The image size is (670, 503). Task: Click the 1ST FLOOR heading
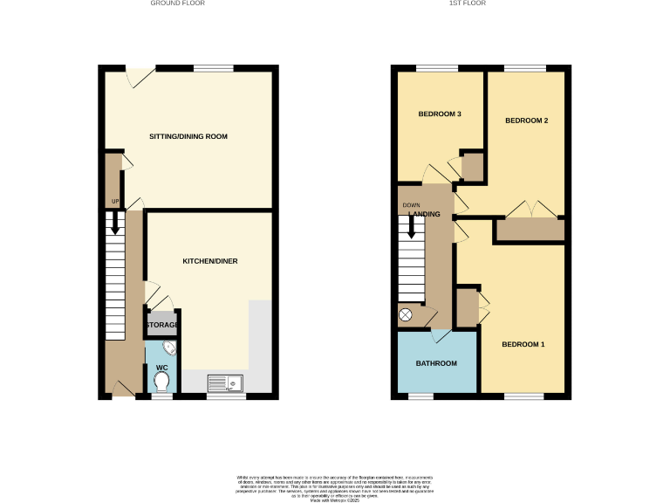click(467, 3)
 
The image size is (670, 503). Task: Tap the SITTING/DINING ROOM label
click(188, 137)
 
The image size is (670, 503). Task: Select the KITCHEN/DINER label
click(209, 261)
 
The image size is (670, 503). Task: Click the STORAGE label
click(162, 326)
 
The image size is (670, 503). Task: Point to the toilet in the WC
click(161, 382)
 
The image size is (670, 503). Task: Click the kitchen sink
click(226, 382)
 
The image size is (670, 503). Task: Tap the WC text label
click(161, 368)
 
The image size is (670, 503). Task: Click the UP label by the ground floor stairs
click(114, 202)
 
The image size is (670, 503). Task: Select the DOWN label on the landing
click(411, 206)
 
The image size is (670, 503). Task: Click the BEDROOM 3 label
click(440, 114)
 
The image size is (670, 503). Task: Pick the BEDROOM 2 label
click(527, 121)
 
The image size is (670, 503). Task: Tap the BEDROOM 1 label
click(523, 344)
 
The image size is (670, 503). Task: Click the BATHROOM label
click(436, 363)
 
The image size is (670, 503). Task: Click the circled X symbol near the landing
click(405, 314)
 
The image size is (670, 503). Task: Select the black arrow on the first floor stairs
click(411, 227)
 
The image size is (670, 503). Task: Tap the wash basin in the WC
click(169, 348)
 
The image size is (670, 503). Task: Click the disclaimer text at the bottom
click(335, 486)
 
